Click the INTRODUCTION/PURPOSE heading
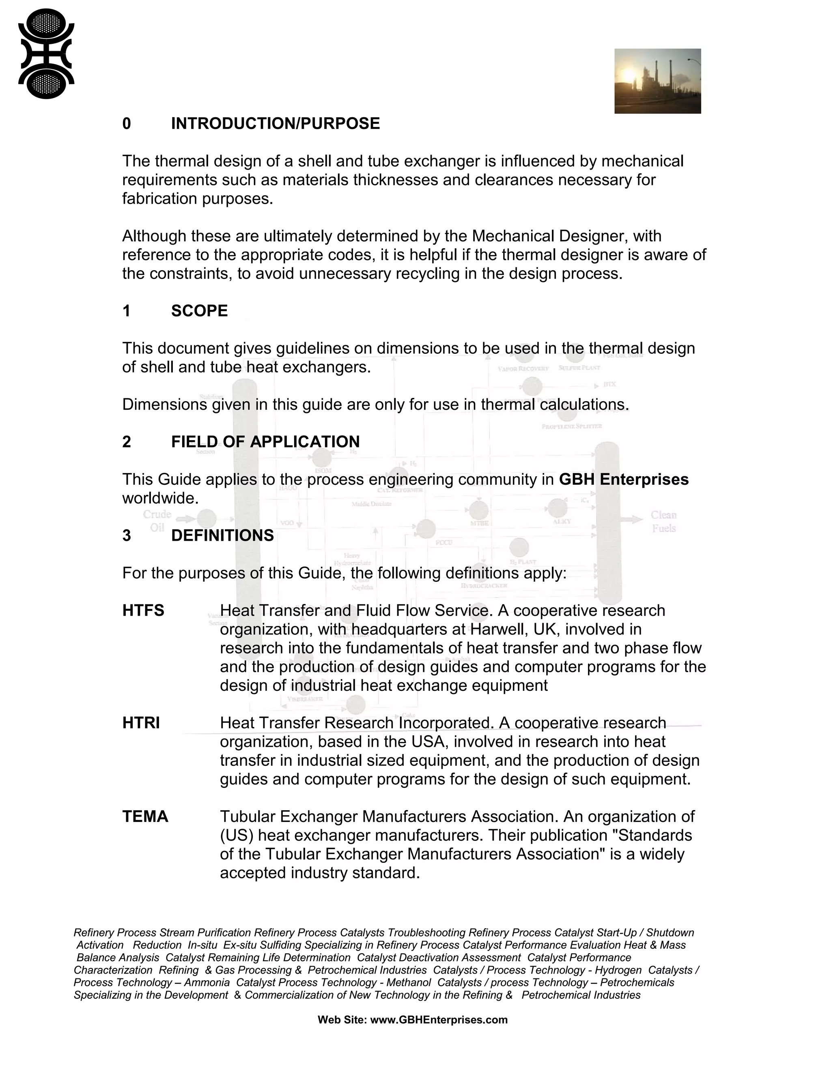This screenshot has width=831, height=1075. pyautogui.click(x=275, y=124)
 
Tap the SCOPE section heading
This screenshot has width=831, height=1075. pyautogui.click(x=199, y=311)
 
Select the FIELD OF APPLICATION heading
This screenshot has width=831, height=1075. pyautogui.click(x=265, y=442)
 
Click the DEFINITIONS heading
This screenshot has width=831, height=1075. pyautogui.click(x=222, y=535)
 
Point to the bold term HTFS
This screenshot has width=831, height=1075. pyautogui.click(x=143, y=611)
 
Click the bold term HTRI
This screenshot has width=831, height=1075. pyautogui.click(x=141, y=723)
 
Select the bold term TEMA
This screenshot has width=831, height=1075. pyautogui.click(x=145, y=817)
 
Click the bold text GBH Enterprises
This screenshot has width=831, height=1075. pyautogui.click(x=623, y=479)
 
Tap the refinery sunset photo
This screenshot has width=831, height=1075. pyautogui.click(x=657, y=81)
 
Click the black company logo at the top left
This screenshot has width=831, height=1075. pyautogui.click(x=46, y=54)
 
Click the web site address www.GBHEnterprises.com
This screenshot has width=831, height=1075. pyautogui.click(x=439, y=1020)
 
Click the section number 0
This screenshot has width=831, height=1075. pyautogui.click(x=127, y=124)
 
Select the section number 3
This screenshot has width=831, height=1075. pyautogui.click(x=127, y=535)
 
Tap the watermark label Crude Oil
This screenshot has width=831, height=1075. pyautogui.click(x=157, y=521)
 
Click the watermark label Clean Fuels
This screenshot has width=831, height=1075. pyautogui.click(x=663, y=521)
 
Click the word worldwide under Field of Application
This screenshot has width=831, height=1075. pyautogui.click(x=160, y=498)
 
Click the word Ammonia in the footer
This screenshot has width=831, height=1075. pyautogui.click(x=207, y=983)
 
